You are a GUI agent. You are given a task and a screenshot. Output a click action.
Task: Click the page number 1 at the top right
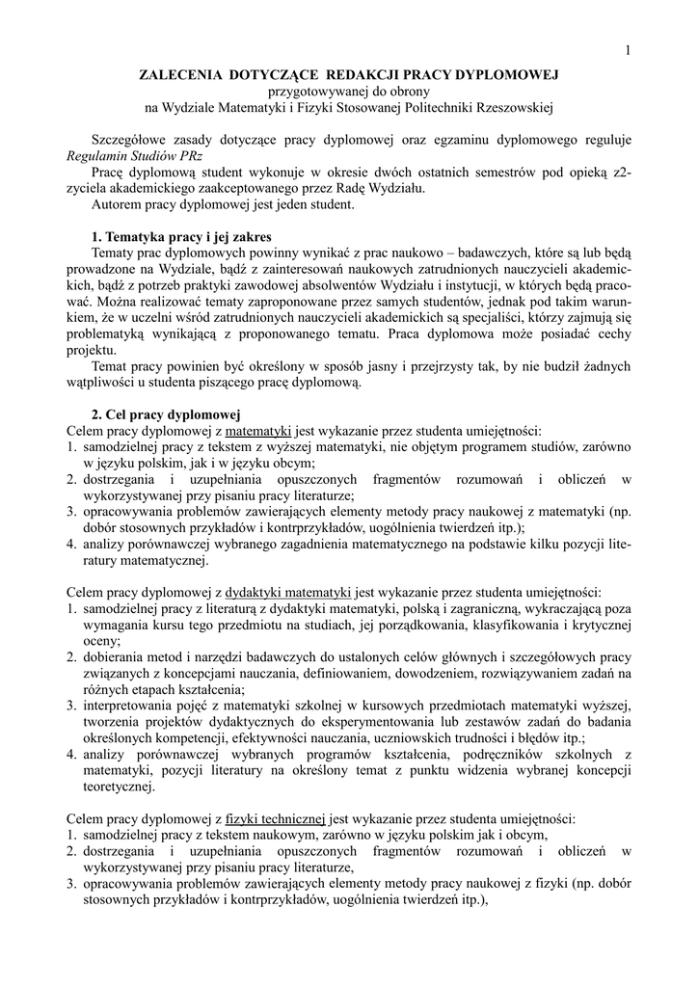click(628, 51)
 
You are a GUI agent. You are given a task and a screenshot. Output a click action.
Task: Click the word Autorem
click(119, 204)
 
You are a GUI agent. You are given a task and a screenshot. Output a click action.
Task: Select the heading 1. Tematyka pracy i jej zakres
click(181, 237)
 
